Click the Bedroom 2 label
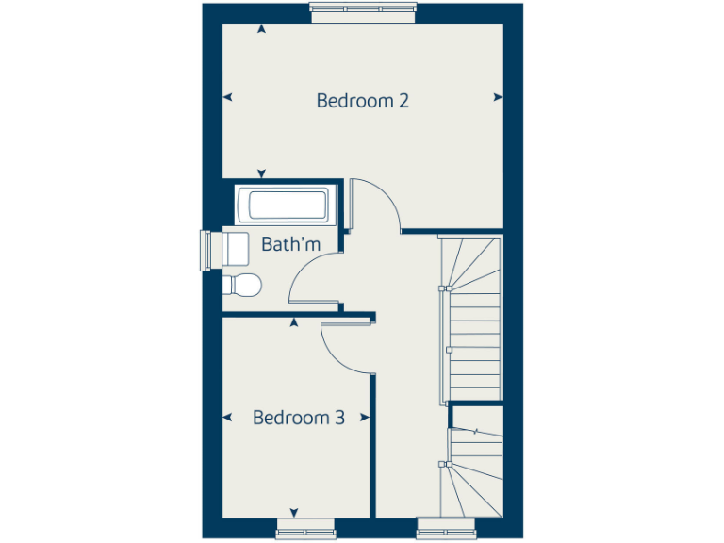362,100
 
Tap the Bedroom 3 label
298,417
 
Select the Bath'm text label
290,245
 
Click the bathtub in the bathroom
283,205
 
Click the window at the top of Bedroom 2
363,10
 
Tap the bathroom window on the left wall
208,249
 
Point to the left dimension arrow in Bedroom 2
226,96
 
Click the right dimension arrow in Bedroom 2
497,96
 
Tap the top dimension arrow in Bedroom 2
261,30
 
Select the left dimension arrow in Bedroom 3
226,416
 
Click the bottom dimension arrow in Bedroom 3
294,512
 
